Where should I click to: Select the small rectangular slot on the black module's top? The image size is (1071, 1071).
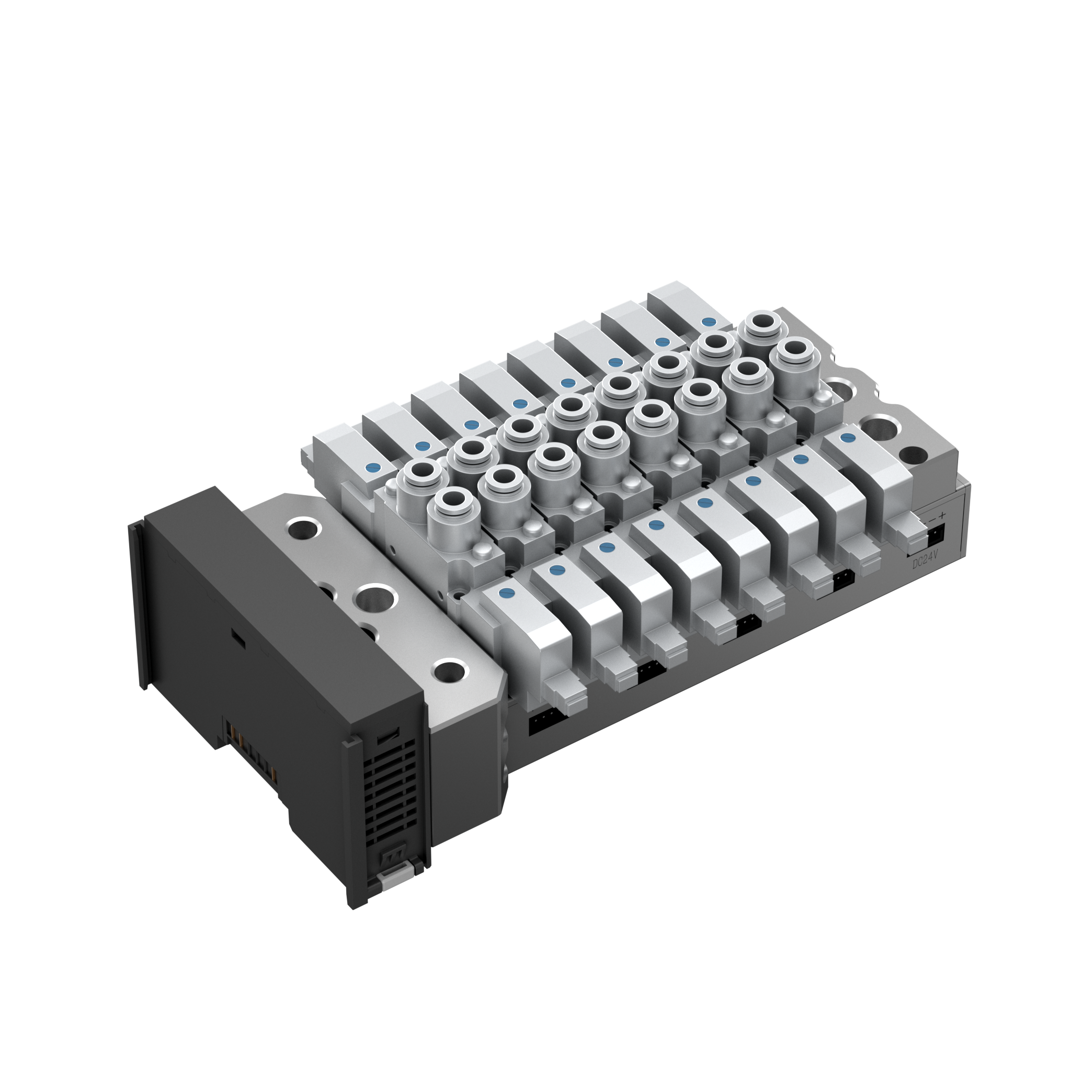coord(238,639)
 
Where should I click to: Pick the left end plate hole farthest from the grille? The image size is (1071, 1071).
coord(304,528)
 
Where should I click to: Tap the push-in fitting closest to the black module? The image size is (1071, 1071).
coord(453,504)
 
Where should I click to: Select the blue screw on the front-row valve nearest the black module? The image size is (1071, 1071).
coord(506,594)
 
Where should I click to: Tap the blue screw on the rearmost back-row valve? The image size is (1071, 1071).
coord(707,322)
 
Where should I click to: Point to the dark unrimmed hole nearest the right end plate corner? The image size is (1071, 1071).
coord(913,455)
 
